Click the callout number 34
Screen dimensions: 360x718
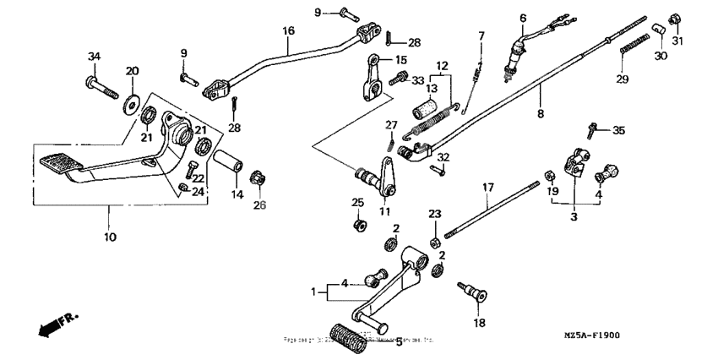[x=94, y=56]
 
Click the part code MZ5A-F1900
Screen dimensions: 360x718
[x=591, y=335]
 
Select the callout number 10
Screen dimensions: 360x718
[x=110, y=237]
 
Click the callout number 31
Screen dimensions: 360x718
[x=677, y=41]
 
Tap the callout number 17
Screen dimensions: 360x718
[x=487, y=187]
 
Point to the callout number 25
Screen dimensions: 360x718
[x=357, y=202]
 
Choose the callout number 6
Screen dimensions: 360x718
[x=523, y=18]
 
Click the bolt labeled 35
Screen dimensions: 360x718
[x=593, y=131]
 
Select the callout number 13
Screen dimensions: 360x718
[x=433, y=87]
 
